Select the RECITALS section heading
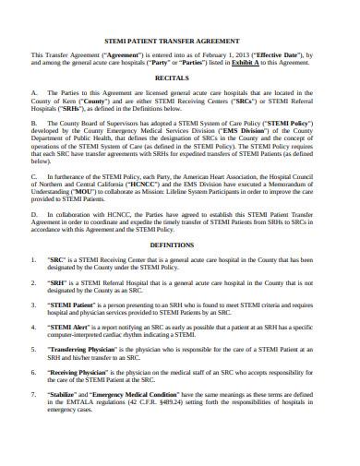click(x=180, y=78)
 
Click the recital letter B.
click(x=33, y=121)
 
